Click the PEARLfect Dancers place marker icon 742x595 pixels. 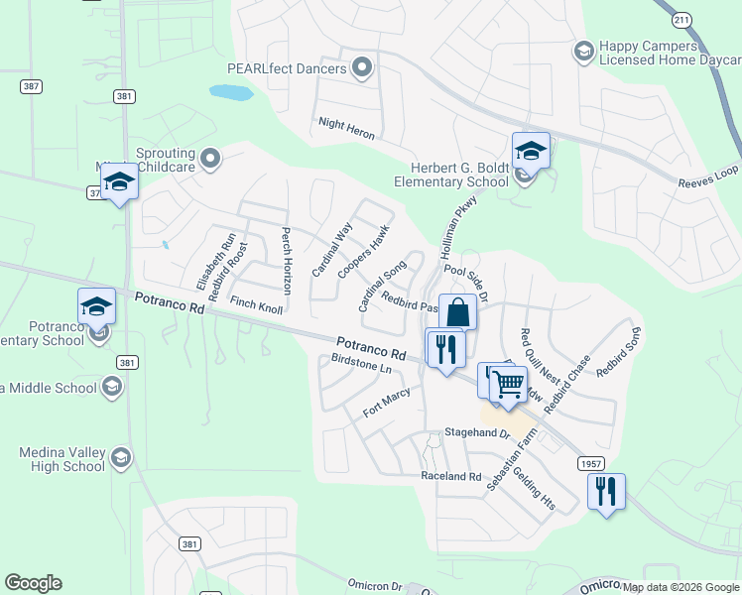(x=362, y=68)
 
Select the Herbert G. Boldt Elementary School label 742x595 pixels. (x=451, y=176)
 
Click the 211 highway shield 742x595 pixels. (x=680, y=19)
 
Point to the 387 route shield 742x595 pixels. (x=32, y=86)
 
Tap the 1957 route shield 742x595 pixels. (x=590, y=463)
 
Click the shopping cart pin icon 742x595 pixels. (x=509, y=382)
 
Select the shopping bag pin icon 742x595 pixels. (x=457, y=311)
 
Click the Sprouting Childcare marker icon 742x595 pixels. (x=209, y=158)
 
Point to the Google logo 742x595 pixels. (x=33, y=583)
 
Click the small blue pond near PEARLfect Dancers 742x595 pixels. (x=229, y=93)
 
